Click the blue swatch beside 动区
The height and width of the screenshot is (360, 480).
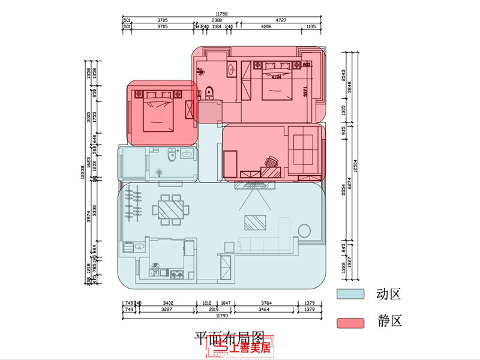(x=350, y=294)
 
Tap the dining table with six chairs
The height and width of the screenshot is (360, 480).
(x=172, y=209)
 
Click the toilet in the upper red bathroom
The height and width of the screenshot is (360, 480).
(x=209, y=92)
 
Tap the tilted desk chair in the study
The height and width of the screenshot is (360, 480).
(x=271, y=161)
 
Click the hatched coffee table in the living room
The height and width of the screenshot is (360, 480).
(x=254, y=222)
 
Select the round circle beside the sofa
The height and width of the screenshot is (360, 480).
(x=304, y=231)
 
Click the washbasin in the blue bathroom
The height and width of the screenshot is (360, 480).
(x=187, y=154)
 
